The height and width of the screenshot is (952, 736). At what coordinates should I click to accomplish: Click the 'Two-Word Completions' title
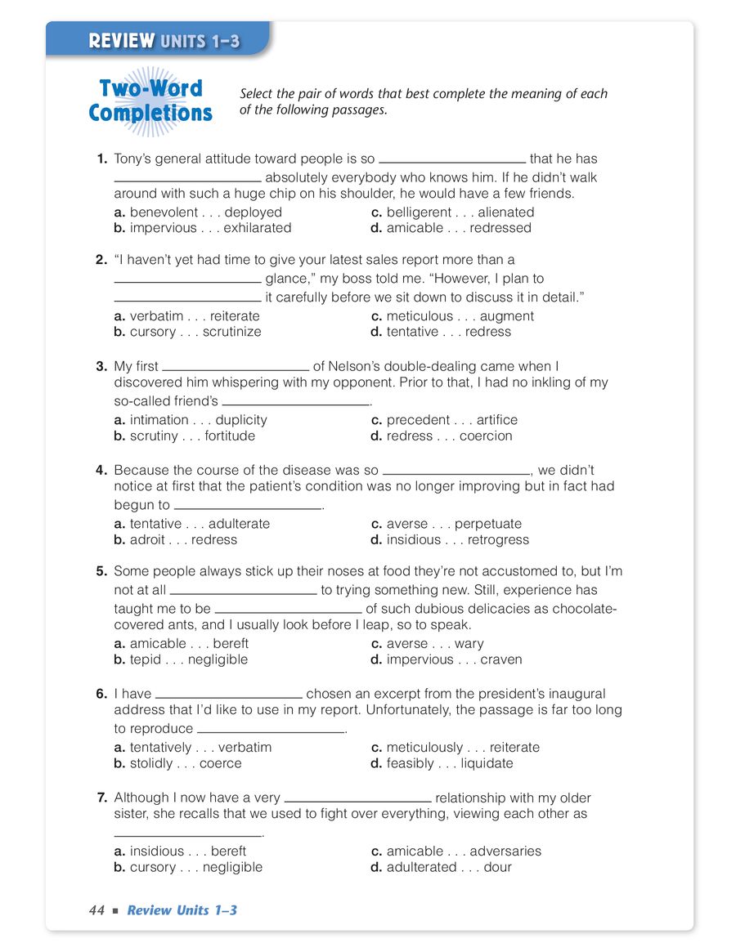(150, 101)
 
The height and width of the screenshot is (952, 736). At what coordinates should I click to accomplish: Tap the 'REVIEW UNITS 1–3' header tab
(164, 41)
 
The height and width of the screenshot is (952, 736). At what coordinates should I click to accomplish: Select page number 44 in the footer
(96, 910)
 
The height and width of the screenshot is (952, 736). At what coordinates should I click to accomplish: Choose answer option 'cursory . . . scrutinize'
(195, 332)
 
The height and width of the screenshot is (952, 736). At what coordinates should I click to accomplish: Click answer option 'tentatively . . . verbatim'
(200, 748)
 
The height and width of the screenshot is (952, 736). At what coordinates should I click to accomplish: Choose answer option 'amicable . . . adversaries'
(464, 851)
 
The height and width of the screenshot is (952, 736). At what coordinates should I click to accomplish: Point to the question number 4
(101, 471)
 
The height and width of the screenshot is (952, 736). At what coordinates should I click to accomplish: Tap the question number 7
(101, 798)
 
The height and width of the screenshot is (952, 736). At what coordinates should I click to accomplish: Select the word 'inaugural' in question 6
(577, 694)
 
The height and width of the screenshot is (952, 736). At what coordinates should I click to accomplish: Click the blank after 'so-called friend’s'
(296, 403)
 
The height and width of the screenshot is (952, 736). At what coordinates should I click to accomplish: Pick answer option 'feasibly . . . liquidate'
(450, 763)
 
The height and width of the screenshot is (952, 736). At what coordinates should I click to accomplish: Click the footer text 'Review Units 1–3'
(182, 910)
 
